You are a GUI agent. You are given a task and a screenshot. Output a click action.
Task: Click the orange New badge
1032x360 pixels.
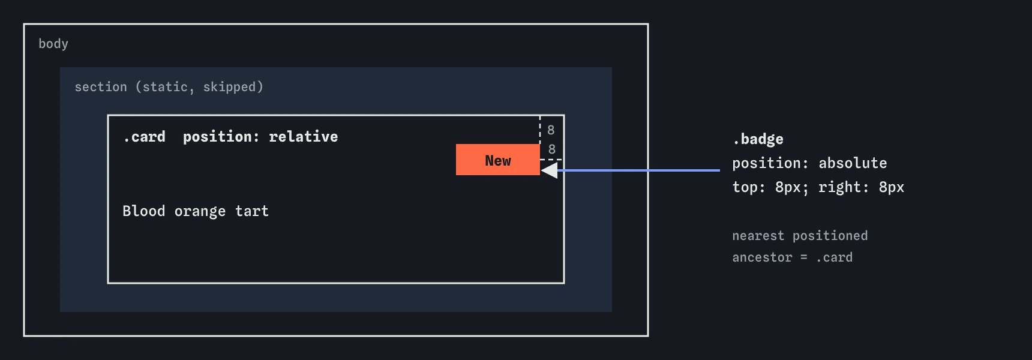498,160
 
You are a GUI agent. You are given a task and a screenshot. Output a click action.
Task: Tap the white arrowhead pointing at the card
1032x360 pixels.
549,170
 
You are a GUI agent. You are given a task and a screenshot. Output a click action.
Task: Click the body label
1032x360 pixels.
53,44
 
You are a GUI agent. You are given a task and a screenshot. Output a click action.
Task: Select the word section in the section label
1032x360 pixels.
101,87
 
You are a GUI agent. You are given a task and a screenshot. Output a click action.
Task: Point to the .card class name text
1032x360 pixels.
145,137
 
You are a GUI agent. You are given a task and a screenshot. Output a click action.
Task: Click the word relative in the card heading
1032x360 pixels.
304,137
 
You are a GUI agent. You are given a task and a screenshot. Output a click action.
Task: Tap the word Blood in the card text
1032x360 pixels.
143,211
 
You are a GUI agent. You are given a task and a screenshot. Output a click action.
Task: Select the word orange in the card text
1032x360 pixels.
200,212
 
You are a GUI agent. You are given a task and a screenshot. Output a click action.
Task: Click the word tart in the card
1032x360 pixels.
252,211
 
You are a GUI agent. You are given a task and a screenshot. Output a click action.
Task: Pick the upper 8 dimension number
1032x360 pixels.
551,130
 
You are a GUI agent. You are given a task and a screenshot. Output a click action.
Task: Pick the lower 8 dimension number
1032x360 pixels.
552,149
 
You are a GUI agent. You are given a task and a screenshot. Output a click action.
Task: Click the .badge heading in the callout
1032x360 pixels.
758,139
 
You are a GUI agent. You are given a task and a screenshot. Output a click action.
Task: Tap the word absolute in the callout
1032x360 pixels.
853,163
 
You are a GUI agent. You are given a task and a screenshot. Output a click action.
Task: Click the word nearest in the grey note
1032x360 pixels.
758,236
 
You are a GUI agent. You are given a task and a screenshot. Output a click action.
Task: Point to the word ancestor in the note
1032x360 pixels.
762,257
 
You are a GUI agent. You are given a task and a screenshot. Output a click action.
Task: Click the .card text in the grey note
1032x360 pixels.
834,257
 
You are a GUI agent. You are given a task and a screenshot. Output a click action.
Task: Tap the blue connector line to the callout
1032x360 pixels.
638,170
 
